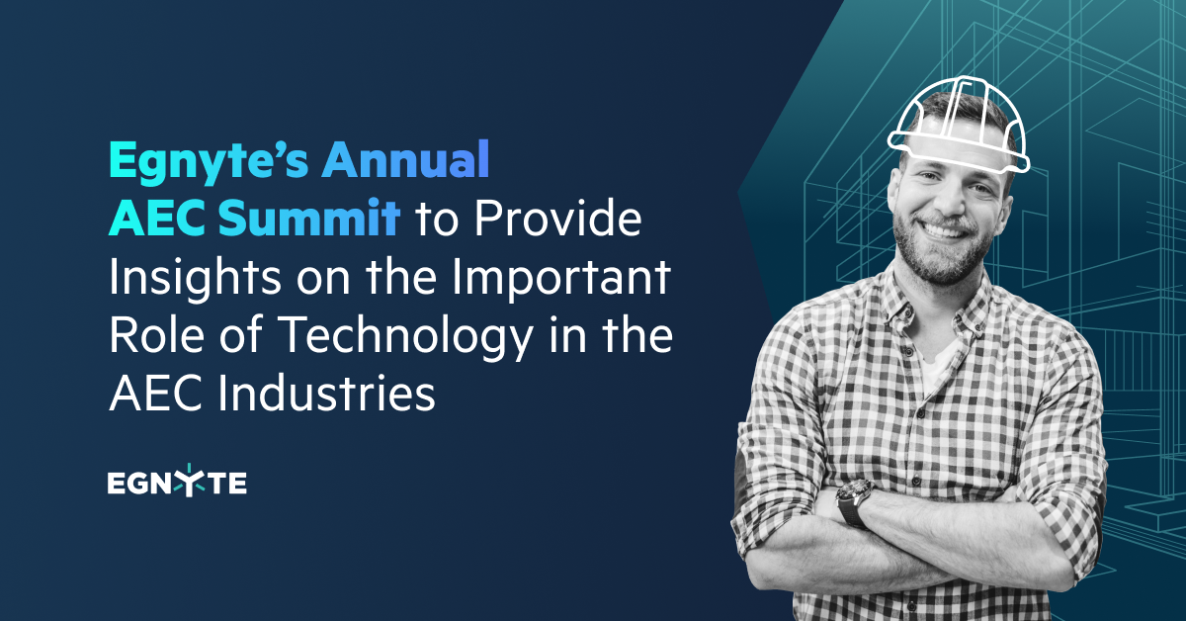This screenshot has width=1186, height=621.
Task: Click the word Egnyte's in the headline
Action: click(x=209, y=161)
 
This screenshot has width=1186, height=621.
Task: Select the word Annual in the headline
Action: click(x=405, y=159)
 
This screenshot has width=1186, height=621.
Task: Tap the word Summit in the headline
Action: click(x=309, y=217)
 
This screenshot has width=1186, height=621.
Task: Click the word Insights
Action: click(x=195, y=277)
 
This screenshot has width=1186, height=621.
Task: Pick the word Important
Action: click(x=561, y=277)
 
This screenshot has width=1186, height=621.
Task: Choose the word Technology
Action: click(x=405, y=336)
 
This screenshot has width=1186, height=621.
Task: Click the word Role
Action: click(x=157, y=334)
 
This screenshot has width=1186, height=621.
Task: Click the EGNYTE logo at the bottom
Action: click(x=177, y=482)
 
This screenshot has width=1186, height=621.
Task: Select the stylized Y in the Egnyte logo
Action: click(x=189, y=480)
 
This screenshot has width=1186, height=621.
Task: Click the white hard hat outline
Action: click(x=959, y=125)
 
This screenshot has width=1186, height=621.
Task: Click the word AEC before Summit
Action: click(x=157, y=217)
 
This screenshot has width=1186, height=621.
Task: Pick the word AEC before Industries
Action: click(x=156, y=393)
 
